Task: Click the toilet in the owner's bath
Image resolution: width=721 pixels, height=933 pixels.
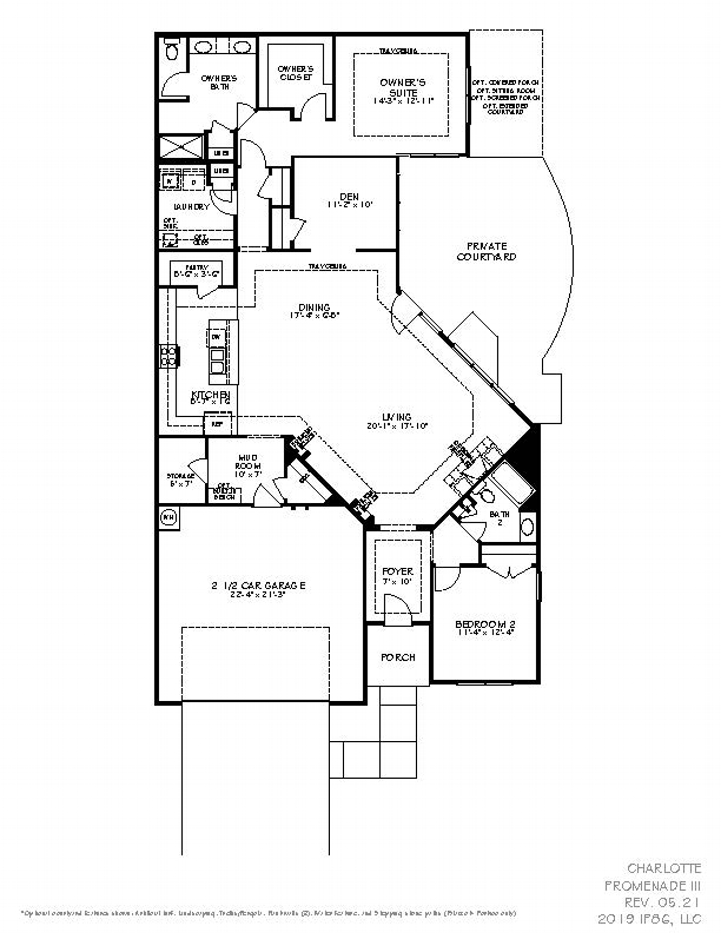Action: [x=172, y=49]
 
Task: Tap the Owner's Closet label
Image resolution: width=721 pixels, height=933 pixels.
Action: [x=296, y=73]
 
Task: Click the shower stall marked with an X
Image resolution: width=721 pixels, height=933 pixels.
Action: [x=181, y=147]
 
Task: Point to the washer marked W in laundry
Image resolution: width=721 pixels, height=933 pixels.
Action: [x=169, y=182]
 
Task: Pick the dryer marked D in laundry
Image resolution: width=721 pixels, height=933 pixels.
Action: [x=194, y=182]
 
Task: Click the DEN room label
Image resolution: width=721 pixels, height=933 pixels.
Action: [x=349, y=196]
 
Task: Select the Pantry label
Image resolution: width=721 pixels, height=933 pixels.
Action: [x=196, y=268]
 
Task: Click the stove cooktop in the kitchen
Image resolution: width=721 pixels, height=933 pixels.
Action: [x=169, y=356]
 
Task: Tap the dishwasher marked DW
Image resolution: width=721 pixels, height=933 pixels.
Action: [x=216, y=336]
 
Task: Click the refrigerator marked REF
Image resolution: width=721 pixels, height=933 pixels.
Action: [x=217, y=424]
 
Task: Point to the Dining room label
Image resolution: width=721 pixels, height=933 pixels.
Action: [x=314, y=307]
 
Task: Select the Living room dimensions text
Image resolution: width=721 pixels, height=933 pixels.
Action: [x=397, y=426]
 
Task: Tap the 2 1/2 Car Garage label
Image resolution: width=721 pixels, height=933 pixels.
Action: [x=258, y=585]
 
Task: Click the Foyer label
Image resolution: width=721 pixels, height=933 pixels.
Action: [x=398, y=572]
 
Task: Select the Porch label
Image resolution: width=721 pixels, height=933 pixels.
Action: [x=398, y=657]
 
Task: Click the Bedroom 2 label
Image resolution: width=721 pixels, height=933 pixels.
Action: [x=485, y=624]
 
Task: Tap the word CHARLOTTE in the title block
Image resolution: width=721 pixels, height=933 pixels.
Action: [x=664, y=868]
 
